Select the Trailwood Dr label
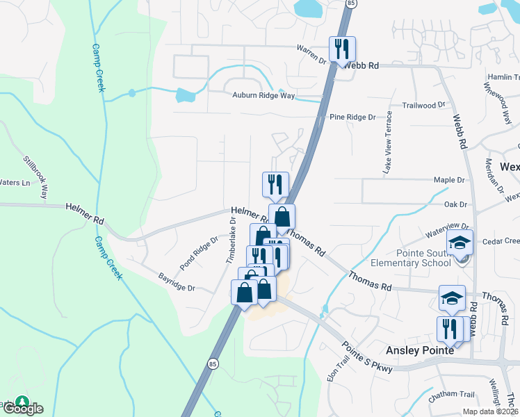point(423,104)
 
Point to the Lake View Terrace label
point(389,142)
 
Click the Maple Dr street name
point(448,180)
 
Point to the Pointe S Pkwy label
point(367,357)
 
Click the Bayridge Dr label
point(177,281)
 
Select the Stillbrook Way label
point(36,177)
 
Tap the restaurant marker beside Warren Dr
point(342,49)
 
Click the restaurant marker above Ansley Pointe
point(449,329)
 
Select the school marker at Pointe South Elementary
point(460,243)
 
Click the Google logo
point(22,409)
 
